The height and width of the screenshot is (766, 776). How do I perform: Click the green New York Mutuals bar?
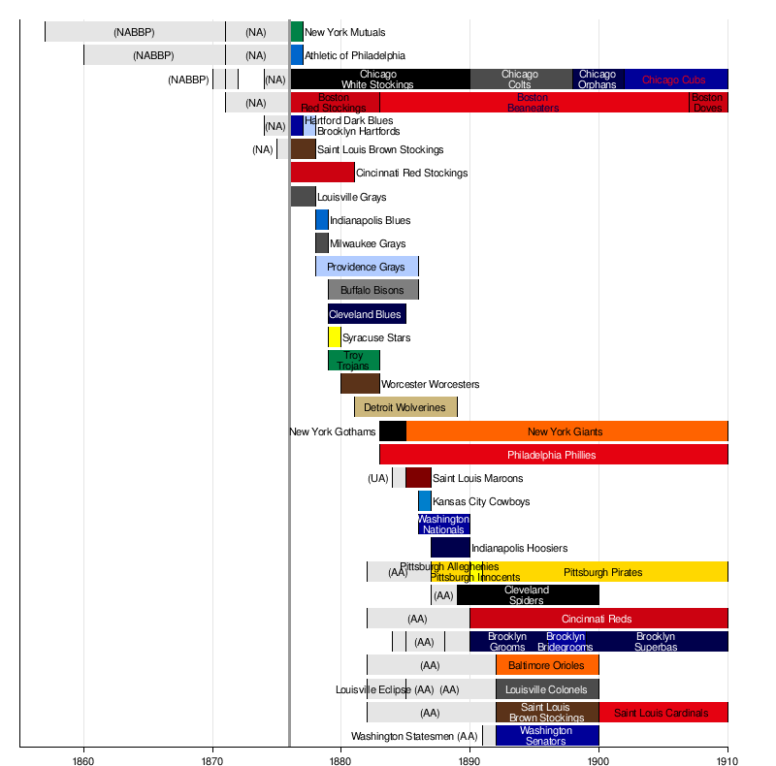[x=297, y=32]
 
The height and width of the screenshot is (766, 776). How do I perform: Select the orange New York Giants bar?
[x=566, y=431]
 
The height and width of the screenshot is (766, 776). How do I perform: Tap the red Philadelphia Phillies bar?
[x=553, y=455]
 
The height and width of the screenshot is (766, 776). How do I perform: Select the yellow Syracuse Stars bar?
[x=335, y=337]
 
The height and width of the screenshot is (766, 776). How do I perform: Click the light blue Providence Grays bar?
[x=367, y=267]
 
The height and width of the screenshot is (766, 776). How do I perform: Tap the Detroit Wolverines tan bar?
[x=405, y=407]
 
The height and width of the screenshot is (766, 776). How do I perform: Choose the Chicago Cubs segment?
[x=674, y=80]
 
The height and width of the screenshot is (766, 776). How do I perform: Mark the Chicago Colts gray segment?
[x=521, y=80]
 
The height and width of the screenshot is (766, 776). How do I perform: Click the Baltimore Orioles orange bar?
[x=547, y=665]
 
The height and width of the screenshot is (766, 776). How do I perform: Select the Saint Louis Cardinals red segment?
[x=663, y=713]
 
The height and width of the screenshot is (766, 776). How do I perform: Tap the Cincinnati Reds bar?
[x=598, y=619]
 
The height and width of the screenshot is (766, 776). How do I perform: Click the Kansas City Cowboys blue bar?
[x=425, y=501]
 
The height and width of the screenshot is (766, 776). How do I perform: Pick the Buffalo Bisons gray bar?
[x=373, y=290]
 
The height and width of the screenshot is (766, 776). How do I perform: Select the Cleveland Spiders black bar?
[x=528, y=595]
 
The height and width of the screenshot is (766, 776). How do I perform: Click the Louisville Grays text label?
[x=352, y=197]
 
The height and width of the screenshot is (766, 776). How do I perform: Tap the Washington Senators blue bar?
[x=547, y=736]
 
